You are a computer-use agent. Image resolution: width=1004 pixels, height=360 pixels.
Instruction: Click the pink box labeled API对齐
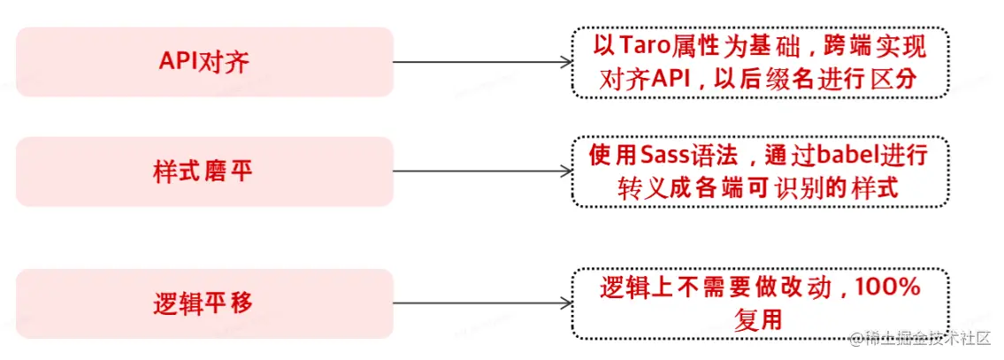pyautogui.click(x=204, y=62)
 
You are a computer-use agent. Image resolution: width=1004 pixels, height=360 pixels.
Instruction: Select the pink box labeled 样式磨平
pyautogui.click(x=204, y=172)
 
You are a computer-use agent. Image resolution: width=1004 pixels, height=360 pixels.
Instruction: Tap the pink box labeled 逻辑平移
pyautogui.click(x=204, y=303)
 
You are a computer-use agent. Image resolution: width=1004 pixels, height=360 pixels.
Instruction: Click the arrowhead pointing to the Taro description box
pyautogui.click(x=565, y=62)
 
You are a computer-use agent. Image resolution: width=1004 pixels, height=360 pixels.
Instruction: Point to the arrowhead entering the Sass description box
pyautogui.click(x=565, y=172)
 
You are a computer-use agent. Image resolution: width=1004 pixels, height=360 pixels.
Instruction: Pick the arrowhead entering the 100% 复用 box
pyautogui.click(x=565, y=303)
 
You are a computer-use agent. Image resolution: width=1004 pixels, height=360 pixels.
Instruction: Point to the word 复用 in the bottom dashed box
pyautogui.click(x=758, y=319)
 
